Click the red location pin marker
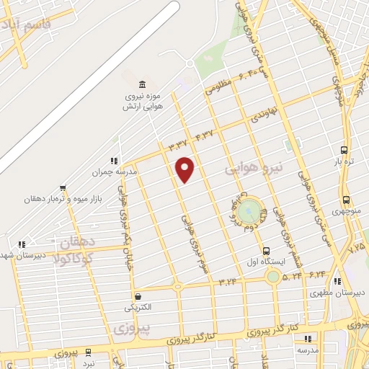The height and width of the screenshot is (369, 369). (x=185, y=169)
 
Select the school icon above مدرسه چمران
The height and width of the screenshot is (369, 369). (x=112, y=161)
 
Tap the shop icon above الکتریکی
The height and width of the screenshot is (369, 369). (x=137, y=296)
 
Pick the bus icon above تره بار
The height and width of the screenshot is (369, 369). (x=345, y=151)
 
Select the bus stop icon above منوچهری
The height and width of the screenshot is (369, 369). (x=347, y=200)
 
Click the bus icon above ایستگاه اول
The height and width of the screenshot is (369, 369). (x=267, y=250)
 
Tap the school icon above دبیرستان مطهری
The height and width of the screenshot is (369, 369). (x=337, y=282)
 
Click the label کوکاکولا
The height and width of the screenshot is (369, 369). (x=78, y=258)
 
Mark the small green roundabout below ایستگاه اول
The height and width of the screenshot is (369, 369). (x=273, y=276)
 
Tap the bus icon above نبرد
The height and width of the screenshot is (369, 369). (x=88, y=352)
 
